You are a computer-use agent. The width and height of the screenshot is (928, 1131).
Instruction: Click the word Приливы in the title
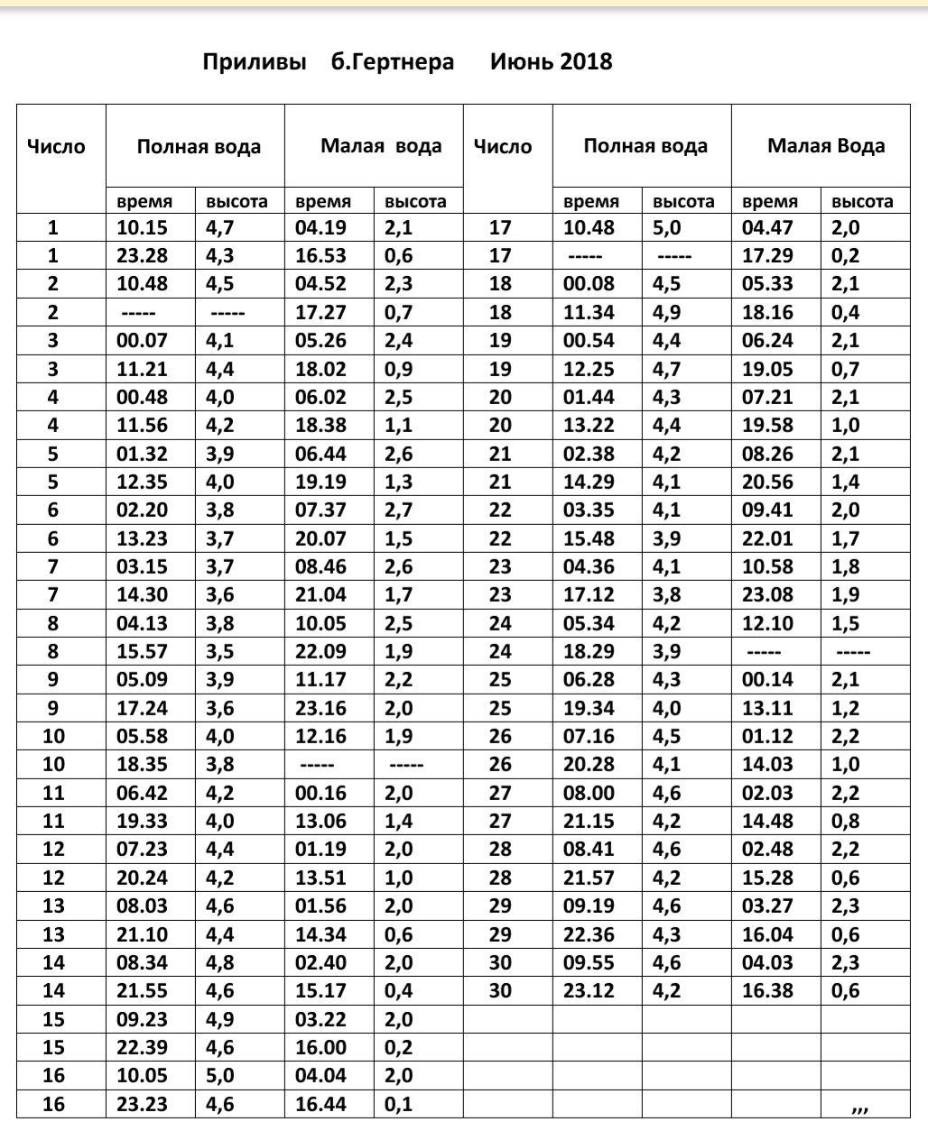255,62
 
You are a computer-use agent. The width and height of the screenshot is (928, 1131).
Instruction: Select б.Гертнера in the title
393,62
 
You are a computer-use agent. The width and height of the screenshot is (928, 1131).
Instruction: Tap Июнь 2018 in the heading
552,62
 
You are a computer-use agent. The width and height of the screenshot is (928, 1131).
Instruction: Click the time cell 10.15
142,228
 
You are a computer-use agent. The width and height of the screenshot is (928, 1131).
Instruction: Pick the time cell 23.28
142,256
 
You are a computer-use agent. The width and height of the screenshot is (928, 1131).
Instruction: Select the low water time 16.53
320,256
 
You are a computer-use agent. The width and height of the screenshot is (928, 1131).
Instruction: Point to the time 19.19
320,483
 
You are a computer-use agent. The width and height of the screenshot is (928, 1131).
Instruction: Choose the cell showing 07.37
320,510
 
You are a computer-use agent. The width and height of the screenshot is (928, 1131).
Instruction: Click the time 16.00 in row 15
320,1048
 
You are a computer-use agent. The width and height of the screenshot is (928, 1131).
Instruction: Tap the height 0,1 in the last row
398,1104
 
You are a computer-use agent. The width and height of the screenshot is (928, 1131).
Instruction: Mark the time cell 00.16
320,794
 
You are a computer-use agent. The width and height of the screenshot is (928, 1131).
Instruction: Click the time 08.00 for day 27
589,794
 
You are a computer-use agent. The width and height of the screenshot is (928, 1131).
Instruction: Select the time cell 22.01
767,539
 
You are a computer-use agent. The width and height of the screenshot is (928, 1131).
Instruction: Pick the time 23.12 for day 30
589,991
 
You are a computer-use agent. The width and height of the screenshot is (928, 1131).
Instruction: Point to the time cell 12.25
589,370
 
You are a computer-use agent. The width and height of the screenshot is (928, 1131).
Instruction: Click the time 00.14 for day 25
767,680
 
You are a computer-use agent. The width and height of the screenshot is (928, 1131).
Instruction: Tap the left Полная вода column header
199,147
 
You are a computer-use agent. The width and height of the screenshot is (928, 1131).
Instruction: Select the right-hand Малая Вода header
826,146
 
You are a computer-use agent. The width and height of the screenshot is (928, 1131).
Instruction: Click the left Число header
57,147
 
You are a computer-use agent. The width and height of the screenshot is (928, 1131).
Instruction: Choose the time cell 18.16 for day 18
767,313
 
